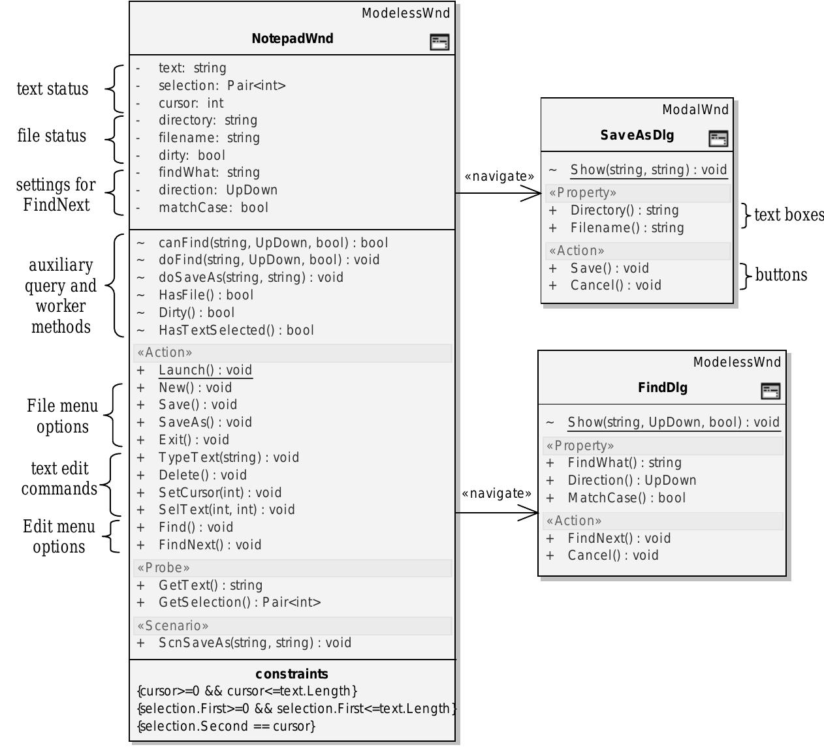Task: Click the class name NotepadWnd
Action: click(292, 38)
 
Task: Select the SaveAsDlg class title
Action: click(637, 135)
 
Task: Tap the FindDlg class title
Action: click(662, 388)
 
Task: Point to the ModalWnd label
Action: click(695, 110)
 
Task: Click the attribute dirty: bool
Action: click(191, 155)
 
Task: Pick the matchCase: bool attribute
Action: click(213, 207)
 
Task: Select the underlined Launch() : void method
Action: click(205, 370)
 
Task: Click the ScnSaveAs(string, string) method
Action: click(255, 643)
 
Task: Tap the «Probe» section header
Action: click(163, 568)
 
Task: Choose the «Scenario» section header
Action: click(172, 626)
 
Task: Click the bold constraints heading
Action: click(292, 674)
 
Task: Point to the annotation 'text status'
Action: click(52, 89)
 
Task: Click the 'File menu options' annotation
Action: click(62, 416)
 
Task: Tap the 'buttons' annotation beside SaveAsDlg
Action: click(781, 275)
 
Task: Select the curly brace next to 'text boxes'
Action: click(746, 215)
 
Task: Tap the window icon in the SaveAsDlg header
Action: click(718, 138)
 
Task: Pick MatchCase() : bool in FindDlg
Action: click(626, 498)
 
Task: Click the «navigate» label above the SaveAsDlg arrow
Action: click(499, 176)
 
